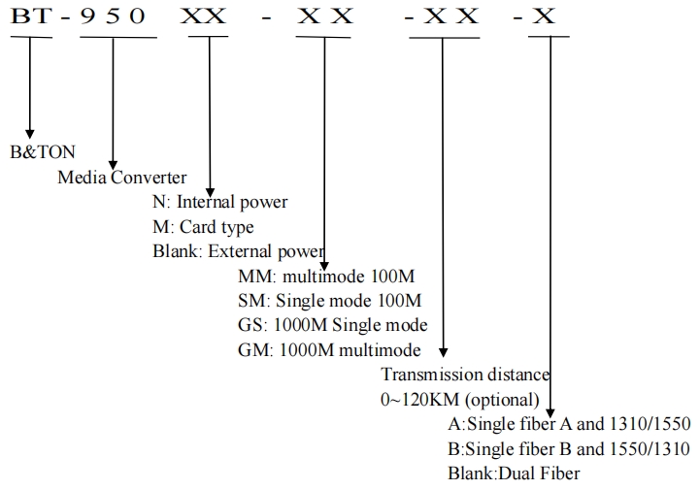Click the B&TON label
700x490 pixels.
click(43, 152)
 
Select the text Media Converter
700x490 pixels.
click(122, 178)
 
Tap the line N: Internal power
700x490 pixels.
click(219, 202)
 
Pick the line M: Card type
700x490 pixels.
click(203, 227)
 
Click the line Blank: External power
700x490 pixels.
click(238, 251)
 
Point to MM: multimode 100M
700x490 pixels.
click(326, 277)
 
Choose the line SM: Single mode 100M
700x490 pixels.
click(329, 301)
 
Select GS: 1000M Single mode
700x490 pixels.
click(333, 325)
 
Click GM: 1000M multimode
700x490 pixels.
click(329, 350)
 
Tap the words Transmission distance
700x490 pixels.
click(465, 374)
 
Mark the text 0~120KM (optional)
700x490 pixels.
click(460, 400)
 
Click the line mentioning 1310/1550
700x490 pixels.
click(569, 423)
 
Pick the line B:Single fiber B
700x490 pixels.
click(569, 448)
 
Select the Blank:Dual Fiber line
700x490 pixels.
click(514, 474)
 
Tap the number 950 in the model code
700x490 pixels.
click(113, 16)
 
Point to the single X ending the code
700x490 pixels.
click(544, 16)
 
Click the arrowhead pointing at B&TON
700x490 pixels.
click(30, 134)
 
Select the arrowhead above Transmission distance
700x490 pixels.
click(443, 352)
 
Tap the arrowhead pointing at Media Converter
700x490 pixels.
click(113, 165)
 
